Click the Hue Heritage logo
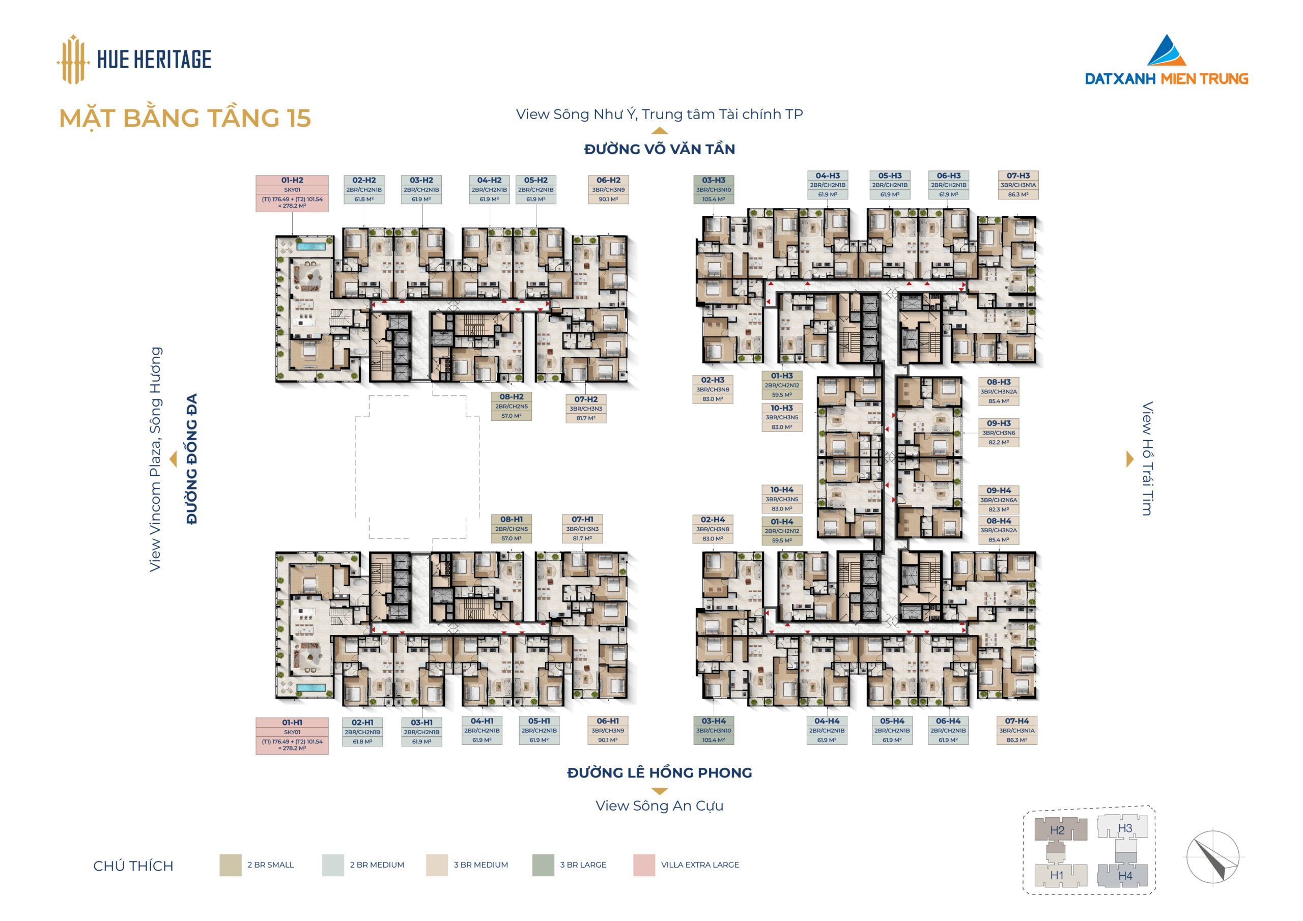pos(134,59)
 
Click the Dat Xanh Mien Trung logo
pos(1166,60)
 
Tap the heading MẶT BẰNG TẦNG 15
pos(185,118)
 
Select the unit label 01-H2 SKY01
pos(292,193)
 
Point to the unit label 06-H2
pos(608,189)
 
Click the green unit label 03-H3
pos(714,189)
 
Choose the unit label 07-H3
pos(1018,185)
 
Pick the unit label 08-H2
pos(512,406)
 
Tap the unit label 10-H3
pos(781,418)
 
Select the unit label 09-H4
pos(998,499)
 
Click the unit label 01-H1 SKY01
pos(292,736)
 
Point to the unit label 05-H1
pos(539,730)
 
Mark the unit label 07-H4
pos(1017,730)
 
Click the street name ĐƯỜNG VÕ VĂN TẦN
pos(660,149)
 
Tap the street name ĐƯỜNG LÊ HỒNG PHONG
pos(660,773)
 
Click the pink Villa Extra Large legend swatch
pos(644,866)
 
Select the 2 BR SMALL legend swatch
pos(231,866)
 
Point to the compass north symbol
pos(1213,857)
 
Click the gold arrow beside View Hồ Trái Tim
pos(1129,459)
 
